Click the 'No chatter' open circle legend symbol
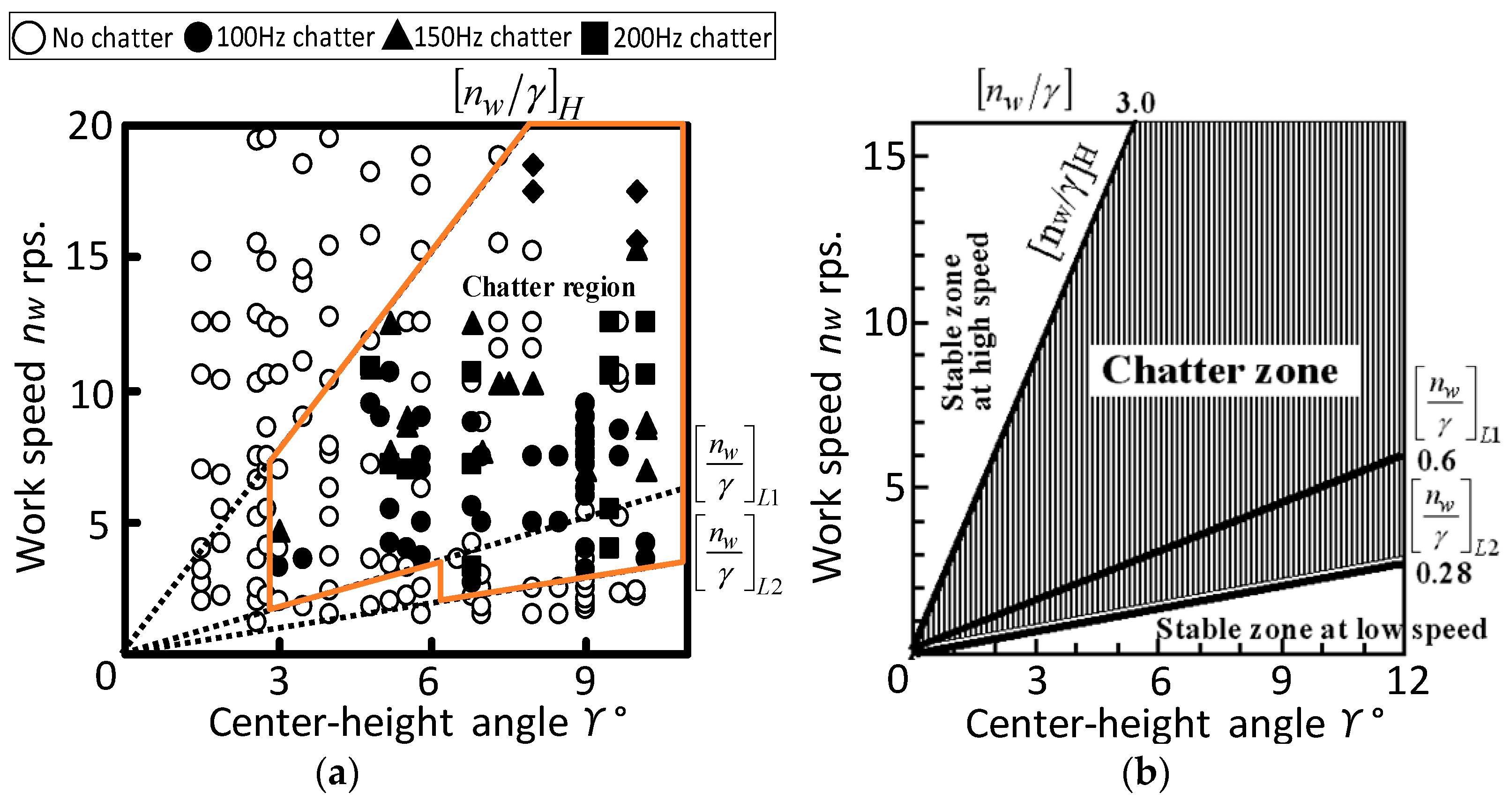click(28, 37)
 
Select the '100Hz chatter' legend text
click(295, 37)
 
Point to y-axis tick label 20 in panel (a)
click(90, 126)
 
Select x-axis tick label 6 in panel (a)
click(428, 681)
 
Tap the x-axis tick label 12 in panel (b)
click(1407, 681)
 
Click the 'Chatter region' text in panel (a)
click(549, 287)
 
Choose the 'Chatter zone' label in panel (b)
click(1220, 371)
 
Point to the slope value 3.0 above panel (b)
click(1135, 103)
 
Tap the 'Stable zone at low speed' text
click(1321, 629)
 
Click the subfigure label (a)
click(337, 773)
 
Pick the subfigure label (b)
click(1145, 773)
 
